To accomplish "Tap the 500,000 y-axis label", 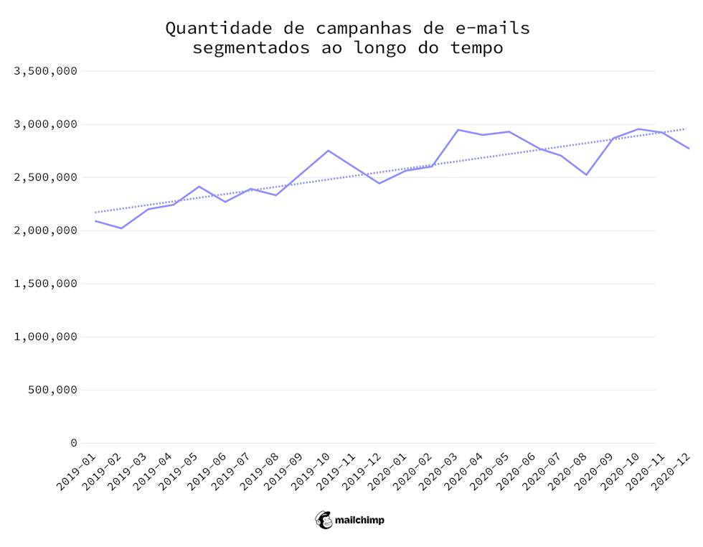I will click(52, 390).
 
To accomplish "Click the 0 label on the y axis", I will click(73, 443).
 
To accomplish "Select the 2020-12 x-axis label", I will click(671, 471).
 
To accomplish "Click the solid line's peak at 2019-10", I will click(328, 151).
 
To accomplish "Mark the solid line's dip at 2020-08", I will click(587, 174).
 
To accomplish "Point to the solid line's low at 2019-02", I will click(121, 228).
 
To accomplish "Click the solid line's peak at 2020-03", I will click(458, 130).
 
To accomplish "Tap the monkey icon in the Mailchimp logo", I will click(324, 520).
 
